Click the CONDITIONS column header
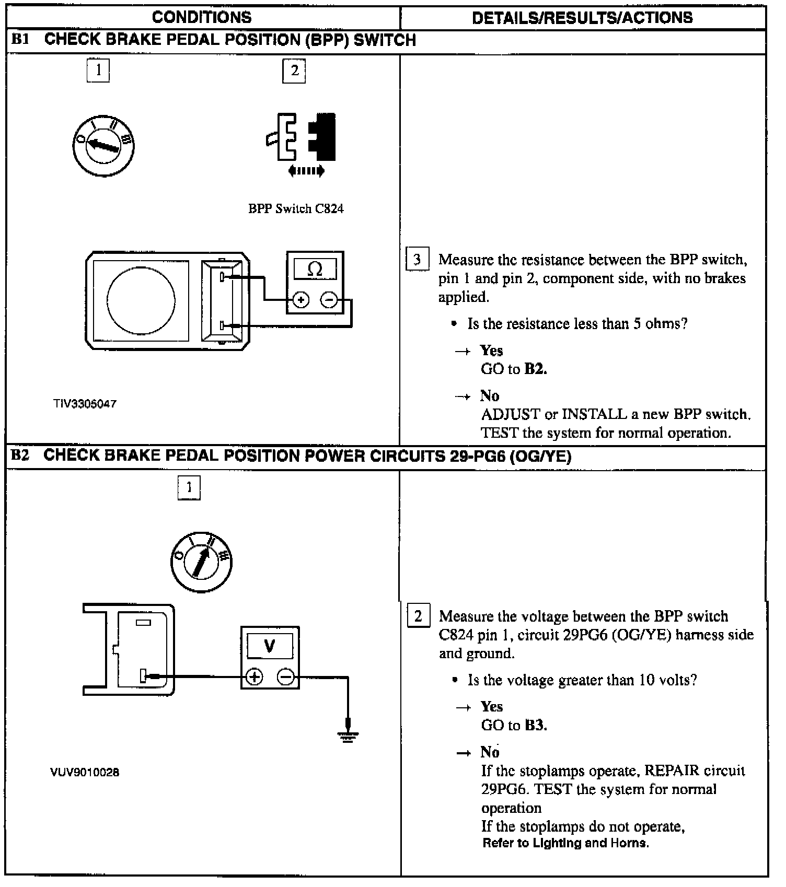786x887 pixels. pos(202,17)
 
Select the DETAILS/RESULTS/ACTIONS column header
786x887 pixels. pos(582,18)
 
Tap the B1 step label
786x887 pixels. pos(20,40)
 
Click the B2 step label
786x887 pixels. pos(20,456)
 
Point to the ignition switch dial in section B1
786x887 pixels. pos(103,145)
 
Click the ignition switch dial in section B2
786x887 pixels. pos(201,562)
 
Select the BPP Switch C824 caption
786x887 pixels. pos(296,209)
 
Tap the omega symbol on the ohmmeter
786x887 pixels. pos(315,270)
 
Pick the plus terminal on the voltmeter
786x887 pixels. pos(254,677)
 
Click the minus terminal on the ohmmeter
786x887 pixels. pos(329,300)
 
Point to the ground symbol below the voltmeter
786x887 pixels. pos(348,737)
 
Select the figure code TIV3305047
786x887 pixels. pos(85,404)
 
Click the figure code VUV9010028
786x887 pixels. pos(85,772)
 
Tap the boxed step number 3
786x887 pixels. pos(417,260)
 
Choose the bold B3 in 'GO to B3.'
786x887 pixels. pos(535,725)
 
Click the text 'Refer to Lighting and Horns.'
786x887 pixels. pos(565,843)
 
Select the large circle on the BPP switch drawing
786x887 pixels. pos(141,300)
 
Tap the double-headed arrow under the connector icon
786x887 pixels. pos(306,171)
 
